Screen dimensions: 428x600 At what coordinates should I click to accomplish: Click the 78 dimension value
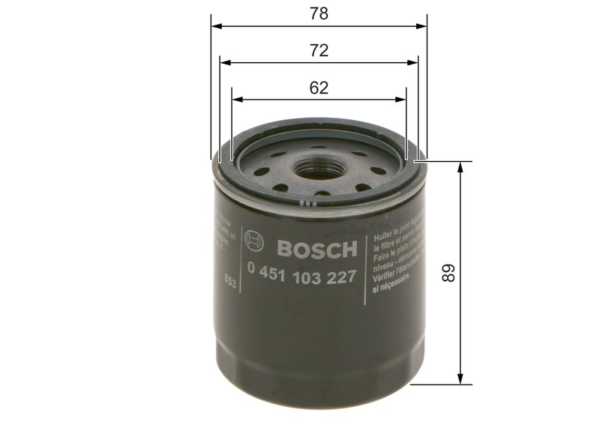(319, 13)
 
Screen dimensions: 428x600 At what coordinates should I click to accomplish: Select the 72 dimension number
(319, 50)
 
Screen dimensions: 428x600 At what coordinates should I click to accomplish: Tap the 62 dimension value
(319, 87)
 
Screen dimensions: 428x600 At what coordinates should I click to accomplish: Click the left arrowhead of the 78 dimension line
(216, 25)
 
